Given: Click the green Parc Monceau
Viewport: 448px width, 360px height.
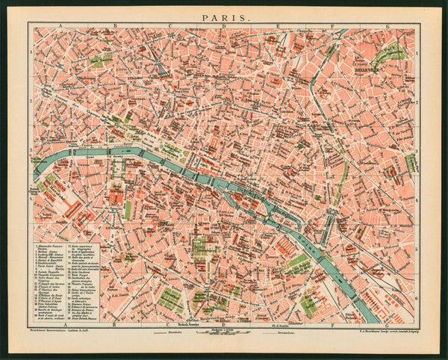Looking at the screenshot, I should pos(99,59).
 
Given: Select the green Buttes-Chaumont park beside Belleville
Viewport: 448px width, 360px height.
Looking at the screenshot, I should pos(389,52).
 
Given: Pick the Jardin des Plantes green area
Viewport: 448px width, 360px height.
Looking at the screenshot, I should pos(296,263).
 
